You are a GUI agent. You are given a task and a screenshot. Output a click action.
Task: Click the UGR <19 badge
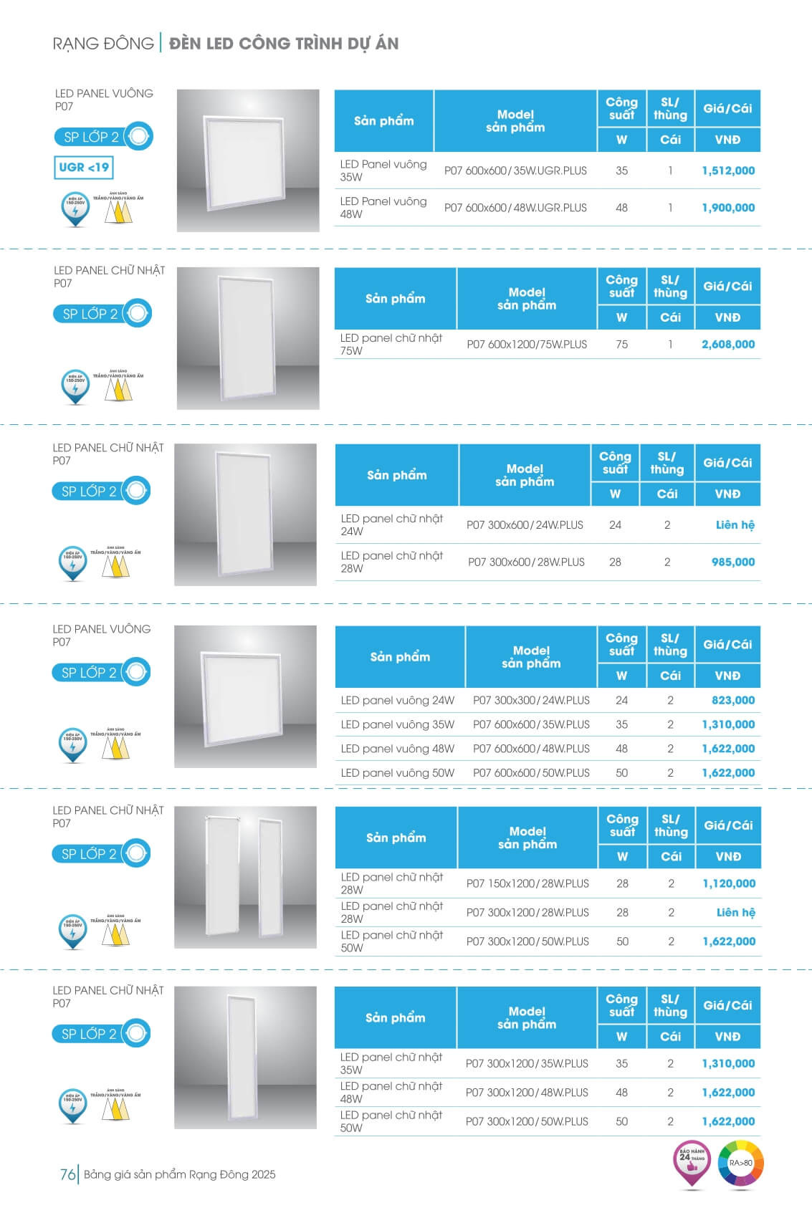[x=84, y=168]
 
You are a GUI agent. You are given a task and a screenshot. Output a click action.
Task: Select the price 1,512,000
[x=728, y=171]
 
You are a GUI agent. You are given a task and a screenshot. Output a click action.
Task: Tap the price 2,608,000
[x=728, y=344]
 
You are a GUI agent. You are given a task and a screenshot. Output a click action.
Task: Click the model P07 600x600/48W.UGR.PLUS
[x=515, y=208]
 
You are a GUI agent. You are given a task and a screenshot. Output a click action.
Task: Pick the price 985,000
[x=732, y=562]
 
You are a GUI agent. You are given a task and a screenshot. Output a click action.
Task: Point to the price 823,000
[x=732, y=700]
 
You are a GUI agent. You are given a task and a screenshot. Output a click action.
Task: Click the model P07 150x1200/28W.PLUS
[x=527, y=883]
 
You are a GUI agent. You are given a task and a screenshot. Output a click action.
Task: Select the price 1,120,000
[x=729, y=883]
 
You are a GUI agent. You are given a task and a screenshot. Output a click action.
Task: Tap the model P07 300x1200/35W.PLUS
[x=527, y=1063]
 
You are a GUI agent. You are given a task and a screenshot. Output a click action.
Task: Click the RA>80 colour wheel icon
[x=741, y=1164]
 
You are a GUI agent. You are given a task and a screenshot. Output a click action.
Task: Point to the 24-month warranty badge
[x=692, y=1162]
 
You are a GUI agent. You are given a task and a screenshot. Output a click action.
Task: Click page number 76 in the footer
[x=67, y=1174]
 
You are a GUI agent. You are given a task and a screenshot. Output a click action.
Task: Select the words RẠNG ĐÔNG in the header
[x=103, y=44]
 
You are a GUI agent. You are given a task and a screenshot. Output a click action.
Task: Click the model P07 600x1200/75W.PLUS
[x=527, y=344]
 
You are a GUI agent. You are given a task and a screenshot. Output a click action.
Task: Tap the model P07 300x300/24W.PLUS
[x=531, y=700]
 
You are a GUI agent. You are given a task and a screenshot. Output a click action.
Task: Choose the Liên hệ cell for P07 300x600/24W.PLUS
[x=735, y=524]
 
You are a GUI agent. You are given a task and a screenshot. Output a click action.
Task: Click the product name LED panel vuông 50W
[x=398, y=772]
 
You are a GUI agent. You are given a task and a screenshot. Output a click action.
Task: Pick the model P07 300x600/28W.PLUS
[x=526, y=562]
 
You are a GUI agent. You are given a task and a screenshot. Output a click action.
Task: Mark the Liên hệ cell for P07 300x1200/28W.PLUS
[x=735, y=912]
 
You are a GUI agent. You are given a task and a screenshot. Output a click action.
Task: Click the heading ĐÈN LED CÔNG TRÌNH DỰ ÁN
[x=284, y=44]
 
